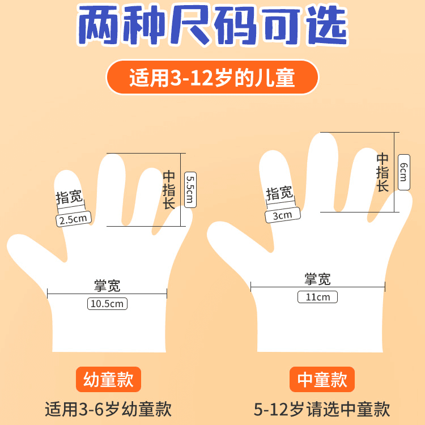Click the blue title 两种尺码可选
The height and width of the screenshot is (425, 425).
(212, 25)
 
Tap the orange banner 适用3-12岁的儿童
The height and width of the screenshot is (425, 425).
(212, 77)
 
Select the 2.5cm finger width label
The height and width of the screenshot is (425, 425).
(74, 219)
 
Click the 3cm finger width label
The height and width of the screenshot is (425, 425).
(283, 215)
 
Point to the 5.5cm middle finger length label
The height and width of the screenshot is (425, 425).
(190, 190)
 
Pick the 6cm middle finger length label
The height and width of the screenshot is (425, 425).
(404, 172)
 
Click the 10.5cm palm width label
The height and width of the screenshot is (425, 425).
(107, 304)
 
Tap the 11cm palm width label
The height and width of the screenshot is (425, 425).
(318, 297)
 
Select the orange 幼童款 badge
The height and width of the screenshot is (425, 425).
(108, 379)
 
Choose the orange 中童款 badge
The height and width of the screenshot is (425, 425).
(322, 379)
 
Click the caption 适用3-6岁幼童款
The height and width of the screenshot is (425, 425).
(108, 409)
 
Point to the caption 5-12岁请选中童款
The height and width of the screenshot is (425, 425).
(322, 409)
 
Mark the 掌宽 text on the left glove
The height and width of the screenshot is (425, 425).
(107, 286)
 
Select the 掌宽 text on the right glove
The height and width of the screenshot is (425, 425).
(318, 279)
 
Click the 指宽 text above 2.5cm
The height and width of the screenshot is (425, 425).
(69, 197)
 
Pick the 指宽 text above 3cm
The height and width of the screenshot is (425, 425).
(279, 193)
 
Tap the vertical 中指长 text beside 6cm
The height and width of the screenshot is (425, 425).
(382, 172)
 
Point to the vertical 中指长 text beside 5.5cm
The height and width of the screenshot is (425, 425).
(169, 190)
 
